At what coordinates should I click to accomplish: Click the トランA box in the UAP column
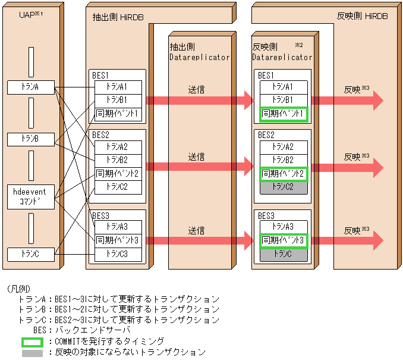pos(31,87)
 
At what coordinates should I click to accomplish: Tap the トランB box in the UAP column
pos(31,139)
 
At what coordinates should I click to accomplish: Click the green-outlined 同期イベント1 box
pos(283,113)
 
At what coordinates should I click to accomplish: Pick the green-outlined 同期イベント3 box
pos(283,240)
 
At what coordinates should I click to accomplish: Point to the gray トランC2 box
pos(283,187)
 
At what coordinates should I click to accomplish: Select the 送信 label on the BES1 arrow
pos(197,89)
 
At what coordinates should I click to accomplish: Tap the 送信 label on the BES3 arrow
pos(197,230)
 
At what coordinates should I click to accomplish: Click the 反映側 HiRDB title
pos(361,17)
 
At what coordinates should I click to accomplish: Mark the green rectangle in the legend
pos(32,342)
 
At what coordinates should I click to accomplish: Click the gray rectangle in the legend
pos(32,353)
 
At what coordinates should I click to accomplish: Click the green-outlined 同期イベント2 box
pos(283,174)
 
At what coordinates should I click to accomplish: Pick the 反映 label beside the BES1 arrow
pos(352,90)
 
